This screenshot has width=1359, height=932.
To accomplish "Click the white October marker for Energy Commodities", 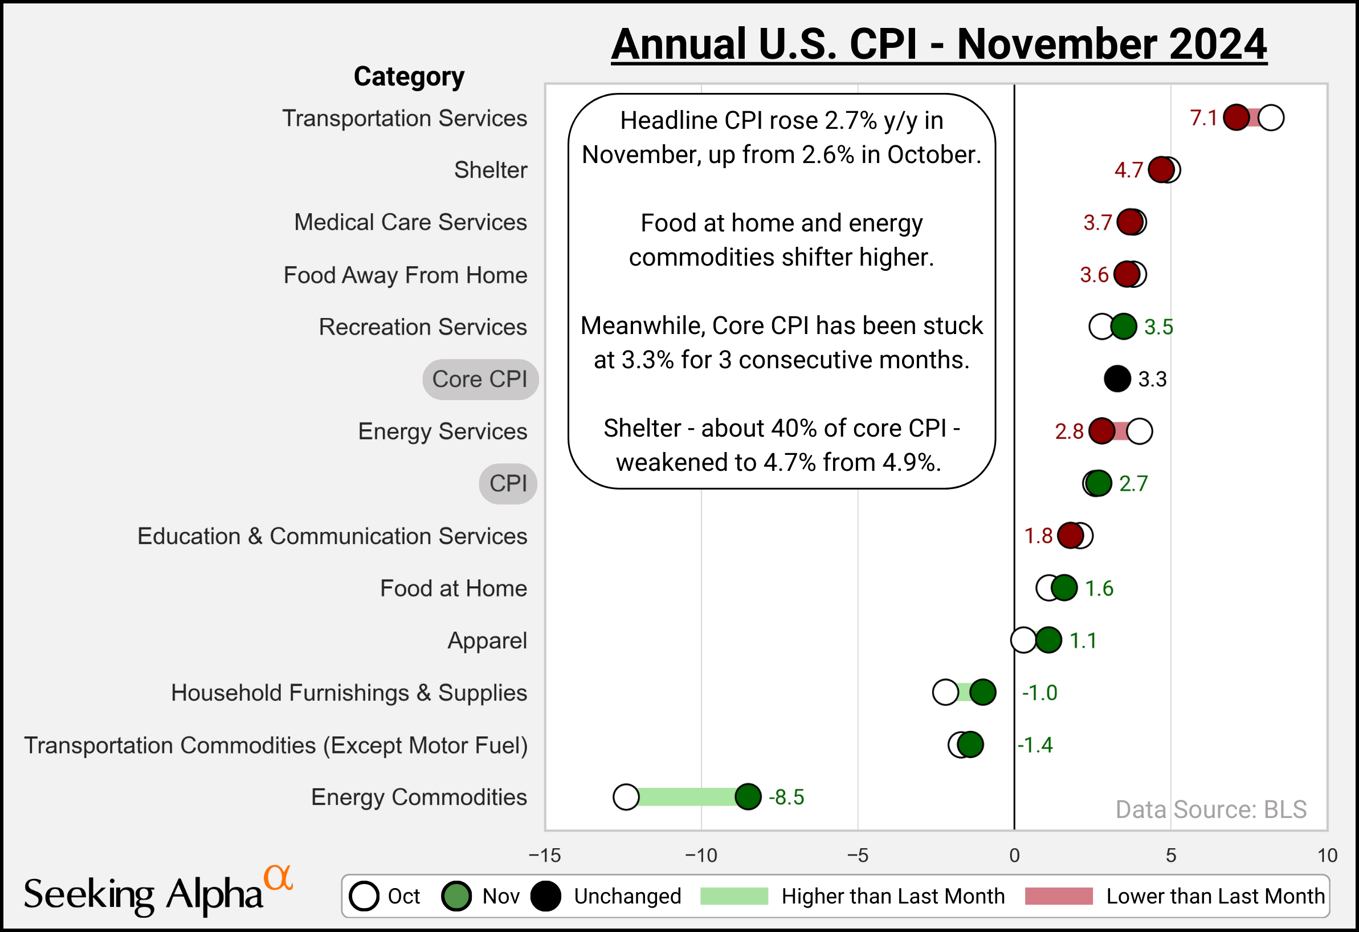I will point(626,797).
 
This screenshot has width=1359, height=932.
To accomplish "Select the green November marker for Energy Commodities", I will point(748,797).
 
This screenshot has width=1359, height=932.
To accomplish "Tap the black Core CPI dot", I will point(1117,379).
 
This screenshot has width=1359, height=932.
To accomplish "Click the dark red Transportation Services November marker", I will point(1236,117).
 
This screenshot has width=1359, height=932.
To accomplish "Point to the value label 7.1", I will point(1203,118).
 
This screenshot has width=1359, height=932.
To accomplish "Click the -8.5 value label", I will point(786,797).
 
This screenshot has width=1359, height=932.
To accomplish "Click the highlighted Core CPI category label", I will point(480,379).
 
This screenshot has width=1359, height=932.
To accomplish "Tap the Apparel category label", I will point(487,640).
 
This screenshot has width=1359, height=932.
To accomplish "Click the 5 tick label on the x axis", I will point(1171,856).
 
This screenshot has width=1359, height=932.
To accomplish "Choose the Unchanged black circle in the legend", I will point(545,896).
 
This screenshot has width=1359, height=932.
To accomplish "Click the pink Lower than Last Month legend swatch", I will point(1059,896).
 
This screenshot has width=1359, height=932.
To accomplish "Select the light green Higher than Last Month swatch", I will point(733,896).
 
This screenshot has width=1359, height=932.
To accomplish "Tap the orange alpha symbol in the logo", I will point(277,878).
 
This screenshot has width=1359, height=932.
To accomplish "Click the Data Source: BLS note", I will point(1210,809).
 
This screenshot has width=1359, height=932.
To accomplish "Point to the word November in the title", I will point(1053,44).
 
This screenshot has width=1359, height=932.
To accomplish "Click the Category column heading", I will point(409,76).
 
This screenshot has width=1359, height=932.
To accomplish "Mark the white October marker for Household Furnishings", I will point(945,693).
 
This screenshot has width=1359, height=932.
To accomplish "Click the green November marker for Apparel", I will point(1048,640).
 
